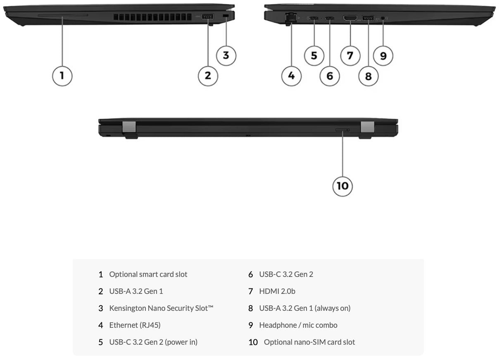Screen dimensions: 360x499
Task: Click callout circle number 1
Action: pyautogui.click(x=62, y=76)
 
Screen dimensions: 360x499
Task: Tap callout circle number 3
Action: pyautogui.click(x=226, y=55)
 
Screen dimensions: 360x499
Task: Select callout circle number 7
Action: pyautogui.click(x=350, y=55)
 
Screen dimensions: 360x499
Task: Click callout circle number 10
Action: pyautogui.click(x=342, y=186)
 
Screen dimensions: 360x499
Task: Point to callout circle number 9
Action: pyautogui.click(x=383, y=55)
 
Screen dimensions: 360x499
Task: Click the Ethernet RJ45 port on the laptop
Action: pyautogui.click(x=291, y=18)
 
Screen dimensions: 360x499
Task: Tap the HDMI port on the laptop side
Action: pyautogui.click(x=350, y=18)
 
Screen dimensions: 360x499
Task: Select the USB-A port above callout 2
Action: pyautogui.click(x=207, y=17)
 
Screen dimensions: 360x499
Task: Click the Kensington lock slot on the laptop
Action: pyautogui.click(x=226, y=16)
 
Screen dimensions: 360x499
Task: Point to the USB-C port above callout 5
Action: pyautogui.click(x=314, y=18)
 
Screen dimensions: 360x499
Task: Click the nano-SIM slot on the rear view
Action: pyautogui.click(x=342, y=130)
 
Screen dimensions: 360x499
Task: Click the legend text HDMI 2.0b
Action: pyautogui.click(x=277, y=291)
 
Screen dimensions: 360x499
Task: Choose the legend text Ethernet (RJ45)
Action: pyautogui.click(x=135, y=325)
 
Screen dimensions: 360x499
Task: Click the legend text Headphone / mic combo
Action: pyautogui.click(x=298, y=325)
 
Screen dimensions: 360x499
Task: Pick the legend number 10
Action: pyautogui.click(x=253, y=342)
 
